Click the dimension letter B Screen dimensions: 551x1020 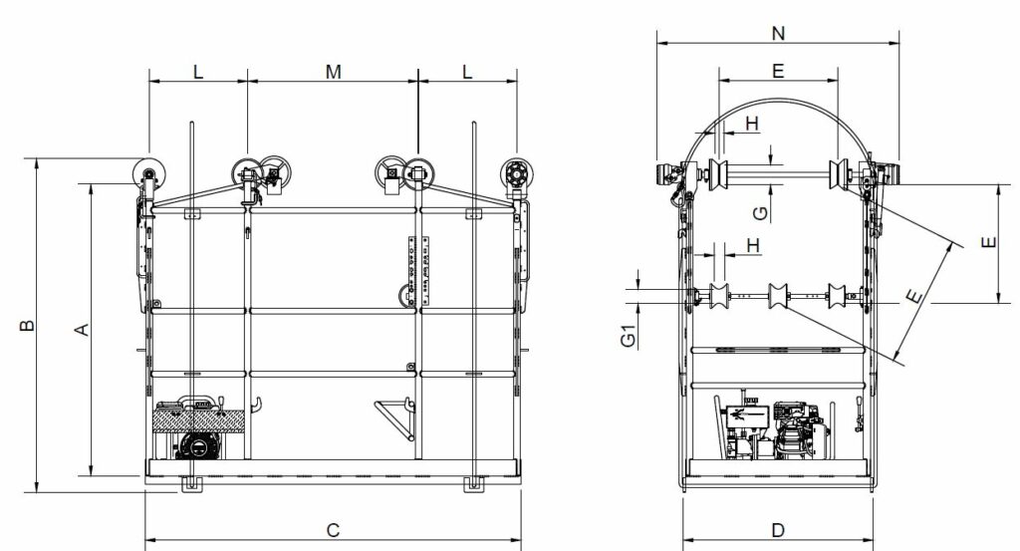point(29,325)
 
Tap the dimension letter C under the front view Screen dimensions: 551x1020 point(334,529)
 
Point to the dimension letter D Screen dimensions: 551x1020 point(779,529)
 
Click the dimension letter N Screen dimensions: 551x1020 point(778,34)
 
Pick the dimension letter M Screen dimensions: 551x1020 point(334,71)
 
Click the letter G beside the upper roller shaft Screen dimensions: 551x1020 point(759,211)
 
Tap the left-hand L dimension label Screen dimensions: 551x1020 point(197,71)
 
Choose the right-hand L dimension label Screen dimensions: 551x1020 point(467,71)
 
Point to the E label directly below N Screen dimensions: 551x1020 point(778,71)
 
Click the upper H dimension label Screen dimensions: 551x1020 point(752,123)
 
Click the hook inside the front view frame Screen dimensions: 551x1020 point(257,405)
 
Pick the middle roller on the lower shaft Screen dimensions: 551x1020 point(778,295)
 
